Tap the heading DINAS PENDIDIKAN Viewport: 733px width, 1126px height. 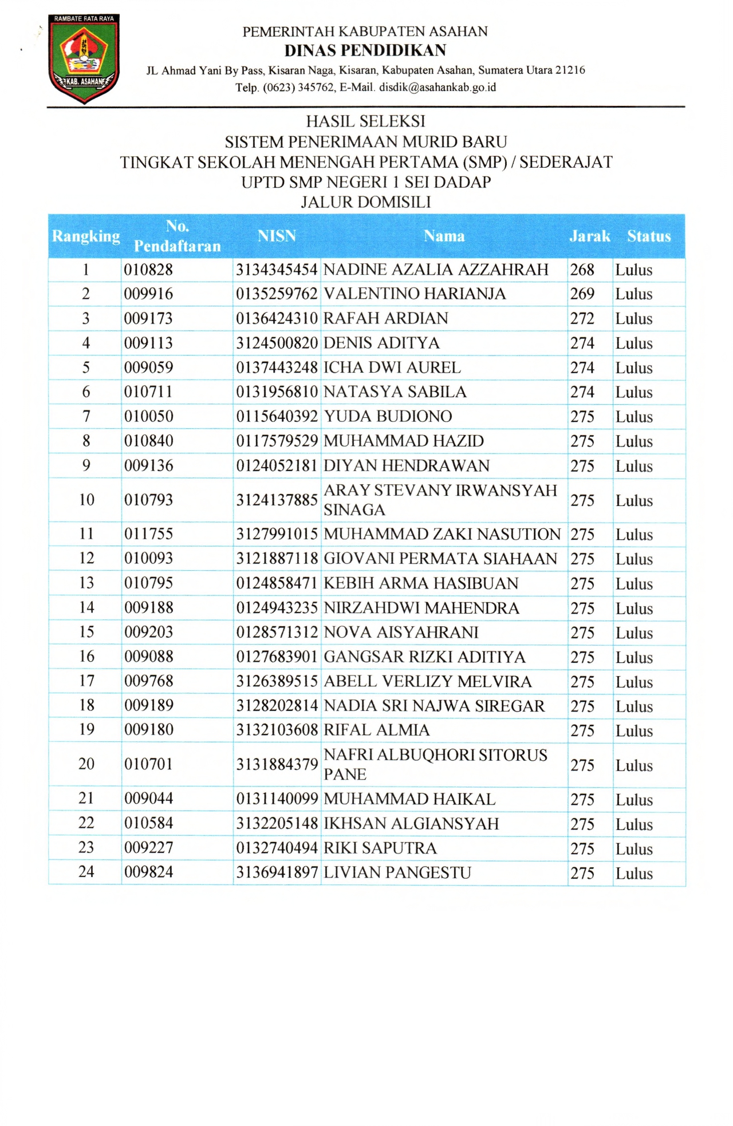pyautogui.click(x=365, y=50)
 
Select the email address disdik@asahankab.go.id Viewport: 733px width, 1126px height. pyautogui.click(x=438, y=88)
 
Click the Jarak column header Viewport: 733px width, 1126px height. pyautogui.click(x=589, y=236)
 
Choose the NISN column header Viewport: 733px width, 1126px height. pyautogui.click(x=277, y=236)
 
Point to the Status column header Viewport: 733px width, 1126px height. pyautogui.click(x=648, y=236)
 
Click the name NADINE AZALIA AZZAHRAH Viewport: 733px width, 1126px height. pyautogui.click(x=436, y=270)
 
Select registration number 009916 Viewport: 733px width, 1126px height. pyautogui.click(x=148, y=294)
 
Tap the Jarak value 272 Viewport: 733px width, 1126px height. pyautogui.click(x=582, y=319)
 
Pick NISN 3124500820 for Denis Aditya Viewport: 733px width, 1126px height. pyautogui.click(x=277, y=343)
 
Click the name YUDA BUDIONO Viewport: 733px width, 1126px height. pyautogui.click(x=388, y=417)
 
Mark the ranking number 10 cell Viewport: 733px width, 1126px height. pyautogui.click(x=86, y=500)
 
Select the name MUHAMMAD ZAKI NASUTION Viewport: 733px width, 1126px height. pyautogui.click(x=442, y=534)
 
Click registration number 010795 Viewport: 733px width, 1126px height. pyautogui.click(x=148, y=583)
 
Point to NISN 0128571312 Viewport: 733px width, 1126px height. pyautogui.click(x=277, y=633)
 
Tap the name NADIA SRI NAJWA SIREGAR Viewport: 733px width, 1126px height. pyautogui.click(x=434, y=706)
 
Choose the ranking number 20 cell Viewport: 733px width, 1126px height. pyautogui.click(x=86, y=764)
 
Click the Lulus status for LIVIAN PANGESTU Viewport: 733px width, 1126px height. pyautogui.click(x=634, y=874)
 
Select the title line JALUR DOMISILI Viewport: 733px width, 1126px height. pyautogui.click(x=365, y=202)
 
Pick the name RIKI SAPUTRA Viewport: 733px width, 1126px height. pyautogui.click(x=380, y=848)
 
